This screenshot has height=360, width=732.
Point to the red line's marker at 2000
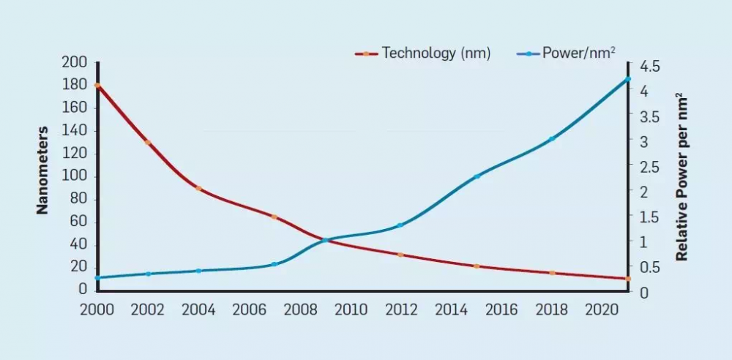[x=97, y=86]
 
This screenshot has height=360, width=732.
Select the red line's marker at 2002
[x=148, y=143]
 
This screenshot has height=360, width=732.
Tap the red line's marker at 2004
[x=198, y=188]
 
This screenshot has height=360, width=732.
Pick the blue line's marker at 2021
[x=627, y=79]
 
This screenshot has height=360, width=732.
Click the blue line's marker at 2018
[x=552, y=139]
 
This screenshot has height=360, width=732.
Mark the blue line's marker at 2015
[x=477, y=176]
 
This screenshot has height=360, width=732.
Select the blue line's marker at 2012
[x=400, y=225]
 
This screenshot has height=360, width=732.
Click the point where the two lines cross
[x=324, y=240]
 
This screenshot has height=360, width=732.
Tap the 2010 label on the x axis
[x=350, y=310]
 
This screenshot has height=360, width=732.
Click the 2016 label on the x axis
[x=501, y=310]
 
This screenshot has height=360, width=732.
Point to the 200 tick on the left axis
[x=75, y=63]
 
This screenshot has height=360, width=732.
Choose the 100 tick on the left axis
[x=75, y=176]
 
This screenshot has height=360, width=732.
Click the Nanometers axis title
[x=42, y=170]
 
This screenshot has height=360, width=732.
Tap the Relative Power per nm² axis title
[x=681, y=176]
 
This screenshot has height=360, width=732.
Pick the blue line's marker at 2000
[x=97, y=278]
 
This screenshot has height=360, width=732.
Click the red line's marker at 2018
[x=552, y=273]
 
